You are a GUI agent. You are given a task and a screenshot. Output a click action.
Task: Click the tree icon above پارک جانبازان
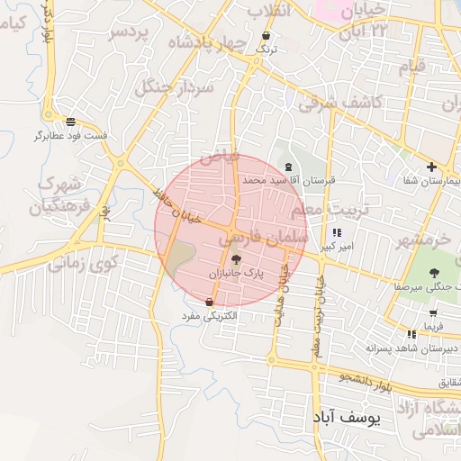[x=236, y=259]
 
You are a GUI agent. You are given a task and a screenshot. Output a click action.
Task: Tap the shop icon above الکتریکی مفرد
[x=210, y=302]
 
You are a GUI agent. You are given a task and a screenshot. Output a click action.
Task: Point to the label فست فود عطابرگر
[x=71, y=135]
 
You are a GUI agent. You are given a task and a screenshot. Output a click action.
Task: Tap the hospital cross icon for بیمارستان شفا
[x=431, y=167]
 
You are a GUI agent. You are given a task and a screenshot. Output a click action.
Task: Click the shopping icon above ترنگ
[x=265, y=37]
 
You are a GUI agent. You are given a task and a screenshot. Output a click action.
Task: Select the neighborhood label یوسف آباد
[x=349, y=418]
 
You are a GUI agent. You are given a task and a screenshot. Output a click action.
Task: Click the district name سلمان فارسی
[x=265, y=237]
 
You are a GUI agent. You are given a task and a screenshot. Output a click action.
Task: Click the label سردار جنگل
[x=172, y=87]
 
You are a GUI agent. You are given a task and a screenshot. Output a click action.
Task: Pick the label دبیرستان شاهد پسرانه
[x=412, y=348]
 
